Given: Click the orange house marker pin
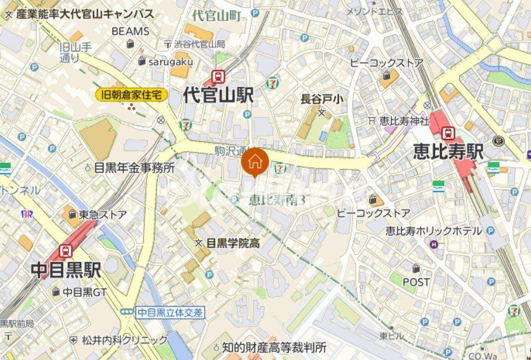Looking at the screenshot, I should [254, 164].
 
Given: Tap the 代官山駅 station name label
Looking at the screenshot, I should [219, 95].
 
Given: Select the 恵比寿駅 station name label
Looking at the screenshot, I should [448, 152].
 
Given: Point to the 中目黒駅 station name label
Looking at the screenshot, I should [66, 270].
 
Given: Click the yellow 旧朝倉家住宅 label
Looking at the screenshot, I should [132, 95].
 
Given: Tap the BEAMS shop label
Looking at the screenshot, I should [130, 31].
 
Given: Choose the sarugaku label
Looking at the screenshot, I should [170, 61].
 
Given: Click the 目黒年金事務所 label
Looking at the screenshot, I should [134, 167].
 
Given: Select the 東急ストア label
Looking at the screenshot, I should [102, 214].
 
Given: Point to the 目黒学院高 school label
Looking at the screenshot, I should [232, 243].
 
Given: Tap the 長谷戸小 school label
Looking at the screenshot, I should [322, 99].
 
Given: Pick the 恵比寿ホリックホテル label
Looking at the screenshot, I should [433, 230].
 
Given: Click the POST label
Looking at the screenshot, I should [416, 282].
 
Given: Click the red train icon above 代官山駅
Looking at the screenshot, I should [218, 77].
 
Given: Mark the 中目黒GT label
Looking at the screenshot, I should [85, 291].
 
